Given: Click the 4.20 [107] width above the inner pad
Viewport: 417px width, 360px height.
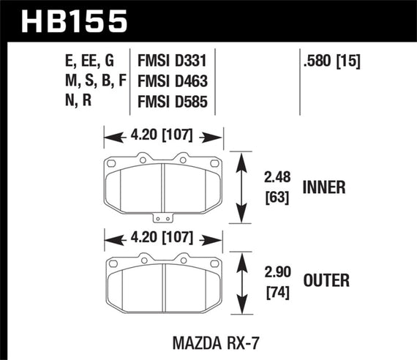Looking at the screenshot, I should pos(162,135).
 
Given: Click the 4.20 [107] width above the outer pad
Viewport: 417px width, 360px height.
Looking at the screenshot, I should pos(162,238).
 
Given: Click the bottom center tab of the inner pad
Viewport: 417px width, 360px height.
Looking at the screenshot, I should pos(162,217).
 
